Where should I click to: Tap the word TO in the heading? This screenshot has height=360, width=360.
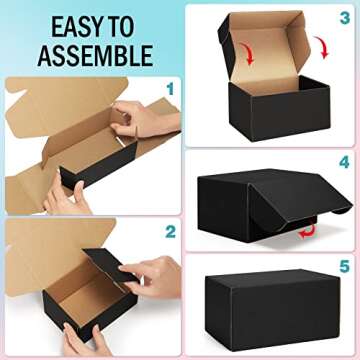click(x=136, y=24)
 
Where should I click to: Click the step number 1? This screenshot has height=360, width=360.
click(x=169, y=89)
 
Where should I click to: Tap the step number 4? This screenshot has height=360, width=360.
click(x=344, y=160)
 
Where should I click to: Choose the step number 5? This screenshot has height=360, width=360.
click(x=344, y=267)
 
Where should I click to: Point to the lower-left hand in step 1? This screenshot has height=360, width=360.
click(x=65, y=195)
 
